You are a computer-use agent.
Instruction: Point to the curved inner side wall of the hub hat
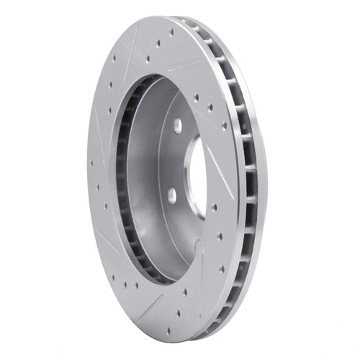coord(144,173)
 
